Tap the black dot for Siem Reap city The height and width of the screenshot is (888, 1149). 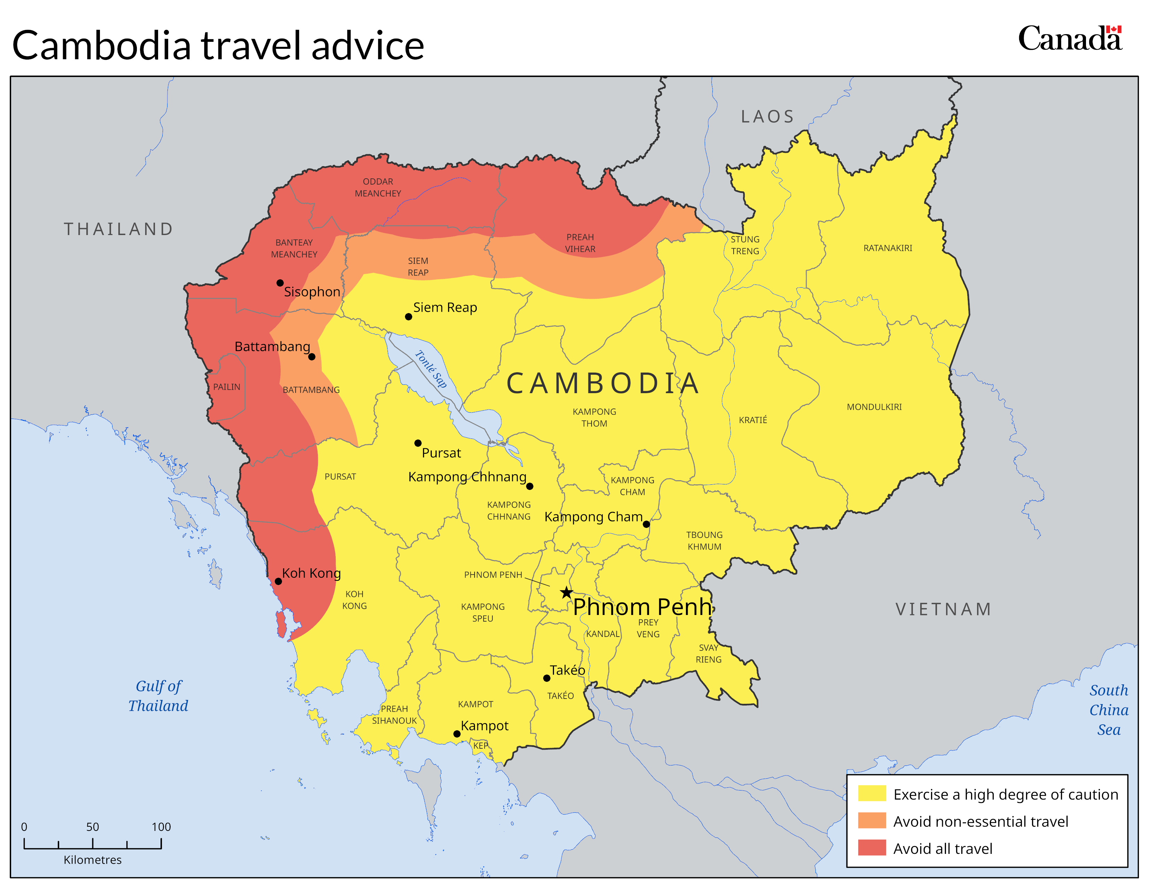408,317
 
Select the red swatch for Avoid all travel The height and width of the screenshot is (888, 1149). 872,848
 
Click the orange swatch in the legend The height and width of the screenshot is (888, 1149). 872,821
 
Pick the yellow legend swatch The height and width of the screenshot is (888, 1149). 872,793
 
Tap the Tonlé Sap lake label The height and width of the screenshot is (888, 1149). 431,369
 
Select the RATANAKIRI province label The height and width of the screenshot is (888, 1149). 888,248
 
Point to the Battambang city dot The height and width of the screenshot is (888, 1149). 312,357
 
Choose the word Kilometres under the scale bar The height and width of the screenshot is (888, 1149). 93,859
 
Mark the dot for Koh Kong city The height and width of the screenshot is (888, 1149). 278,581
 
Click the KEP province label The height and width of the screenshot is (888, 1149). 480,746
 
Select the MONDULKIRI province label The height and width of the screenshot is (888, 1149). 874,407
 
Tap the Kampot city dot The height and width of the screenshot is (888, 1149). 457,734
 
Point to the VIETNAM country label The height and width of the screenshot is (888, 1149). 943,609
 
